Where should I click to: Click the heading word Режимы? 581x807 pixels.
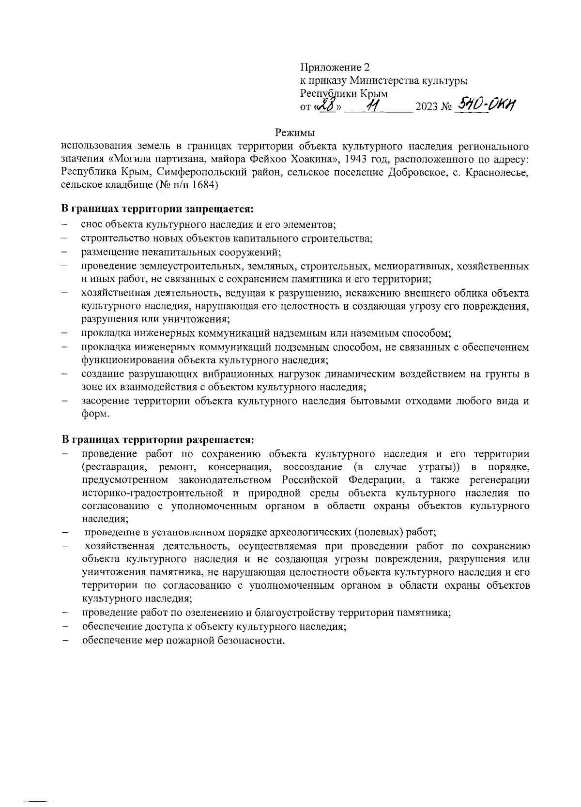coord(295,132)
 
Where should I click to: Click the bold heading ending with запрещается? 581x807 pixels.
coord(158,209)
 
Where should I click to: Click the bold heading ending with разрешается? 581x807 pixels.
coord(158,440)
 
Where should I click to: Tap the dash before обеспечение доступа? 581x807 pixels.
coord(64,627)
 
